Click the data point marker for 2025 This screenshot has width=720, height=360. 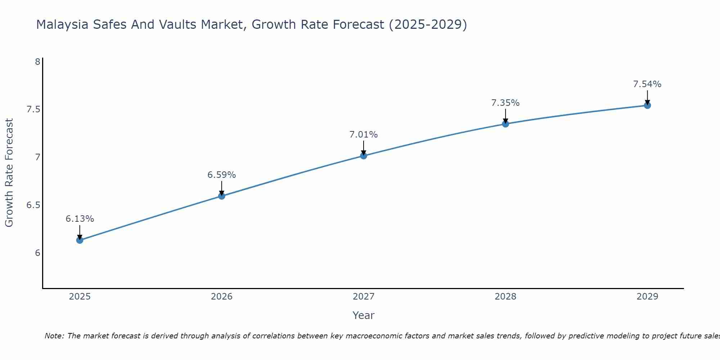(x=80, y=240)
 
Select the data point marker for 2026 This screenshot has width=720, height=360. (x=222, y=196)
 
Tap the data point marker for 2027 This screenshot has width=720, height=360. (x=364, y=156)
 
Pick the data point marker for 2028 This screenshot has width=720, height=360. (x=505, y=124)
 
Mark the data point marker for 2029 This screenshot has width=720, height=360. (x=647, y=105)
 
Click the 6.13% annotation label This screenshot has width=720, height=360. (x=80, y=219)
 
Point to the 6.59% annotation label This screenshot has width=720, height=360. (x=222, y=175)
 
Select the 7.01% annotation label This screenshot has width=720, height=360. (x=364, y=135)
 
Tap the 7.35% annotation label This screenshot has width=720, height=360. (x=505, y=103)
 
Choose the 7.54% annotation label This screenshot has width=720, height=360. (x=647, y=84)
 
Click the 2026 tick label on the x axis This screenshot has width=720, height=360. (x=222, y=297)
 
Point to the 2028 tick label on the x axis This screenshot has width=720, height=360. (x=505, y=297)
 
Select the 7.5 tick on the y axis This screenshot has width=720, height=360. (x=33, y=109)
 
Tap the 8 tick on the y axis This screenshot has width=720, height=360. (x=37, y=62)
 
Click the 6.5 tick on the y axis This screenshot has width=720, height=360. (x=33, y=205)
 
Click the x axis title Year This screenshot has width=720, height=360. (x=364, y=315)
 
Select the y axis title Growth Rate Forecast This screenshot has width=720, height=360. (x=9, y=173)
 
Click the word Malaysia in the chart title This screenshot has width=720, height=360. (x=62, y=24)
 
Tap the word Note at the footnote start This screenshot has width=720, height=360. (x=54, y=336)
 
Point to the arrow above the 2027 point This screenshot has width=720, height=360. (x=364, y=148)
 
